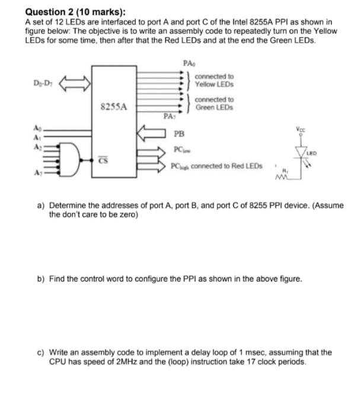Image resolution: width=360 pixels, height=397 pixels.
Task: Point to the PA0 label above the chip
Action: [189, 62]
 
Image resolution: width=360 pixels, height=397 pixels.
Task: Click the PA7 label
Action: [168, 117]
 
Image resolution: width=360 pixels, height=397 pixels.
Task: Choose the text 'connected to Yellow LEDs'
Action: [214, 80]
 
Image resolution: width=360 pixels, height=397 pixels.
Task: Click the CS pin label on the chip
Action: [103, 160]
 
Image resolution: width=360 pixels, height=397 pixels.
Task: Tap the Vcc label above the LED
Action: [302, 130]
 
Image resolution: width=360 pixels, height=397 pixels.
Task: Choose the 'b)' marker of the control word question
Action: [42, 277]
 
